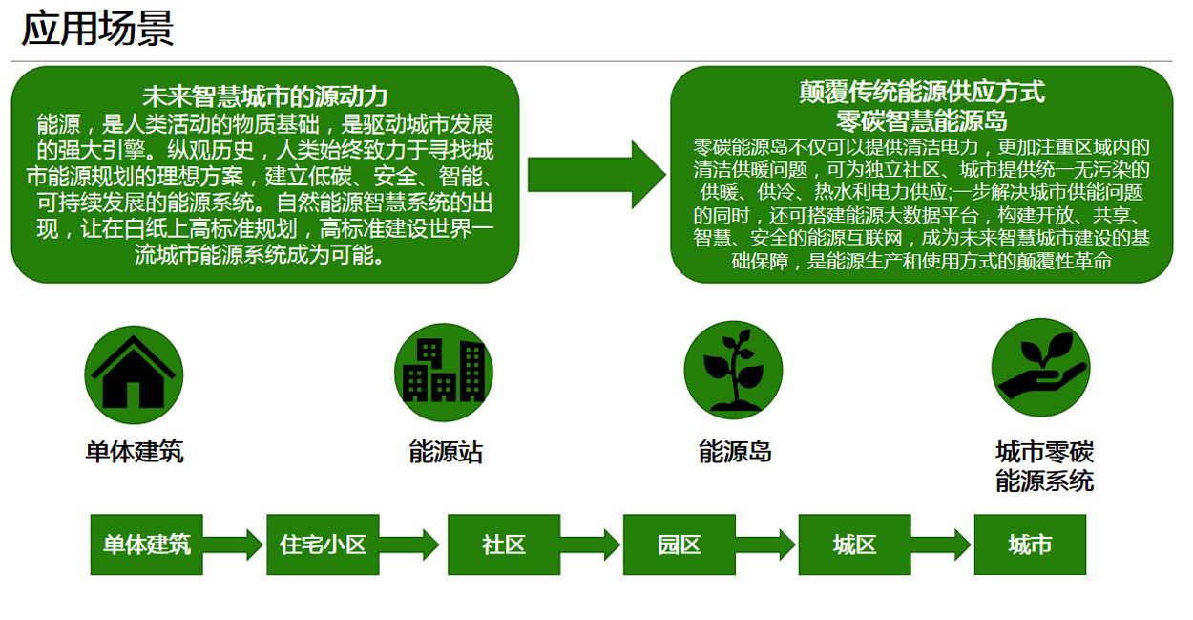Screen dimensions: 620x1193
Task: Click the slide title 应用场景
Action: point(97,29)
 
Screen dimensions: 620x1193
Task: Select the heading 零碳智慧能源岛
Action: point(921,120)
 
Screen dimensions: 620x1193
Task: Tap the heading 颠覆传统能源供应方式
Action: point(921,92)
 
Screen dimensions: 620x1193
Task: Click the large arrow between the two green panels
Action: point(595,173)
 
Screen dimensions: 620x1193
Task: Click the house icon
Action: point(134,374)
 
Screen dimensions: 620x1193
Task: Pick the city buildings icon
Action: point(444,372)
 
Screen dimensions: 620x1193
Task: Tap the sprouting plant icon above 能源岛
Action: point(733,370)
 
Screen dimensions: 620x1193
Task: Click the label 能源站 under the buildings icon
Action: point(446,452)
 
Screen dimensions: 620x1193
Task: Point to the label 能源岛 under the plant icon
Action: point(735,451)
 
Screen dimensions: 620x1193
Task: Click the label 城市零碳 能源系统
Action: point(1044,465)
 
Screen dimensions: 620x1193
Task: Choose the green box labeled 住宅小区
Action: point(323,545)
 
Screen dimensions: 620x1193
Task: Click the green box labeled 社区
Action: point(504,545)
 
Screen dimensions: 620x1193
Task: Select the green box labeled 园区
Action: point(679,545)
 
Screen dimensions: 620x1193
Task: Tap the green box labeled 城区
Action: point(854,545)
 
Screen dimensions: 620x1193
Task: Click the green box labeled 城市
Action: point(1030,545)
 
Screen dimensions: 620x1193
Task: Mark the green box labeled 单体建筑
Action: point(146,545)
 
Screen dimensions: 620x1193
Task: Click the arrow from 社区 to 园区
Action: point(591,545)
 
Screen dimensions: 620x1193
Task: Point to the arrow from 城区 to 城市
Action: point(941,545)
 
